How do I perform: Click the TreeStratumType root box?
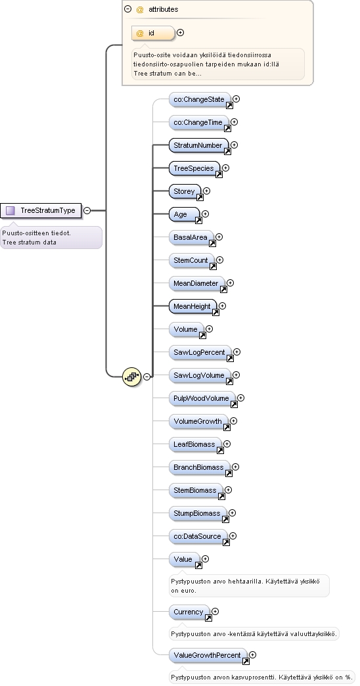(x=41, y=210)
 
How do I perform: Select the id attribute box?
(x=153, y=33)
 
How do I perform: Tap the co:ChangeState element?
(x=200, y=99)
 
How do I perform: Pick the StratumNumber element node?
(x=198, y=145)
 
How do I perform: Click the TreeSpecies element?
(x=194, y=168)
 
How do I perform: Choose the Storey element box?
(x=185, y=191)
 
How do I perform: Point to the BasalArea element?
(x=191, y=237)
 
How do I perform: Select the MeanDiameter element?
(x=196, y=283)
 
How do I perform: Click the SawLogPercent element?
(x=200, y=352)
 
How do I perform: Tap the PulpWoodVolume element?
(x=202, y=398)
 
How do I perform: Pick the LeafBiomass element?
(x=195, y=444)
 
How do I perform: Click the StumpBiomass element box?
(x=198, y=513)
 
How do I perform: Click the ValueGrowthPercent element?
(x=208, y=655)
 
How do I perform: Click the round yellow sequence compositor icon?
(x=131, y=377)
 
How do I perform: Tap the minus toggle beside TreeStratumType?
(x=87, y=210)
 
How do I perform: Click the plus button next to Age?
(x=205, y=214)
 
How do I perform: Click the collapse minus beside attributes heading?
(x=127, y=9)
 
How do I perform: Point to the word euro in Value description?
(x=189, y=590)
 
